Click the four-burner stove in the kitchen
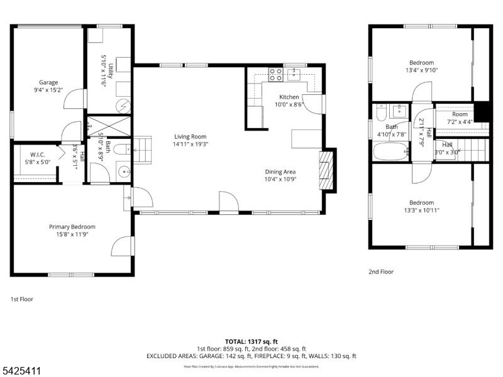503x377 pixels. point(275,75)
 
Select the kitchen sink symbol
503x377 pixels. point(294,75)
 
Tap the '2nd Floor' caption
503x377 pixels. point(381,271)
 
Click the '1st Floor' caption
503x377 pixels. point(22,299)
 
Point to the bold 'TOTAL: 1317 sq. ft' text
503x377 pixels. point(251,341)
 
